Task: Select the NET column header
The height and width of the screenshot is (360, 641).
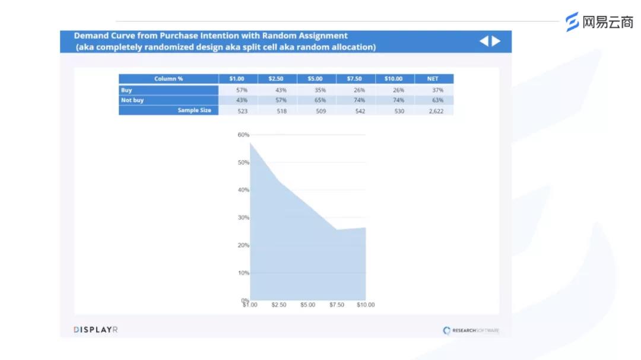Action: pyautogui.click(x=433, y=79)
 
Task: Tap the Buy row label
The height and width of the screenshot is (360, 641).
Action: pyautogui.click(x=126, y=90)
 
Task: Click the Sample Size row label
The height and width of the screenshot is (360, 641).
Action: pyautogui.click(x=194, y=110)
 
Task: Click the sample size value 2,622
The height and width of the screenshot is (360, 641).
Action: pyautogui.click(x=436, y=111)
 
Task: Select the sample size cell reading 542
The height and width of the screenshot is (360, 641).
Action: pyautogui.click(x=359, y=111)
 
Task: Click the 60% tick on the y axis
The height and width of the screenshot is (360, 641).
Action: pyautogui.click(x=243, y=135)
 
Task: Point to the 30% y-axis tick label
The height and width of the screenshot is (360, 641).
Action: pyautogui.click(x=243, y=218)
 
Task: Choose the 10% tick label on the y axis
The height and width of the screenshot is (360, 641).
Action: pyautogui.click(x=243, y=273)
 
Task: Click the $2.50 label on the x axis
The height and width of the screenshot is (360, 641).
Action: pyautogui.click(x=279, y=305)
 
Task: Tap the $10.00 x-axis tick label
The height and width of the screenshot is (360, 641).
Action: pyautogui.click(x=366, y=305)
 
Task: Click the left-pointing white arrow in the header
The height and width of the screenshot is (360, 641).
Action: pyautogui.click(x=484, y=41)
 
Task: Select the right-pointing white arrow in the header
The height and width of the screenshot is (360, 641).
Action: pyautogui.click(x=496, y=41)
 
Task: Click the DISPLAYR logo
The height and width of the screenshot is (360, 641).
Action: pyautogui.click(x=96, y=330)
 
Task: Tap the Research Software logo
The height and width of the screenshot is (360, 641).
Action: pyautogui.click(x=471, y=330)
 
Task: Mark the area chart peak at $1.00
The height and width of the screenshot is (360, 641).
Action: pyautogui.click(x=250, y=143)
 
